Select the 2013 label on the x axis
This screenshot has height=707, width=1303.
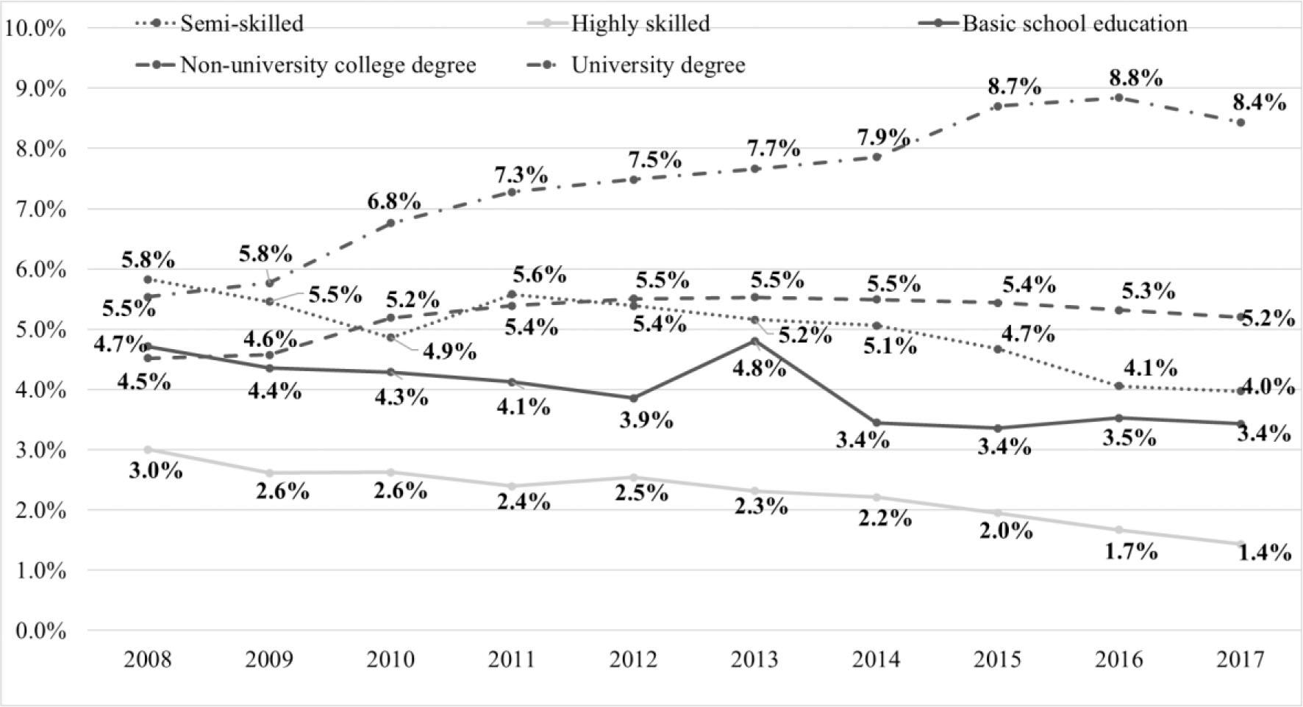(754, 659)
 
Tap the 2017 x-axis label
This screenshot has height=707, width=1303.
(1240, 659)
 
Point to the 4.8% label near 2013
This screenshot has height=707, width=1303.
(759, 367)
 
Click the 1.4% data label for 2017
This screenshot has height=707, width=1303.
(1265, 553)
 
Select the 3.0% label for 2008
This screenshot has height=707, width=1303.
(156, 470)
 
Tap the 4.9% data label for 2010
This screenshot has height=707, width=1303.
(449, 352)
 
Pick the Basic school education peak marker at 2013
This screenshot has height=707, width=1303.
(754, 341)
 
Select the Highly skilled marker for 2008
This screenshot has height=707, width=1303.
(148, 450)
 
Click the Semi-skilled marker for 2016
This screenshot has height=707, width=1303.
(1119, 386)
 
